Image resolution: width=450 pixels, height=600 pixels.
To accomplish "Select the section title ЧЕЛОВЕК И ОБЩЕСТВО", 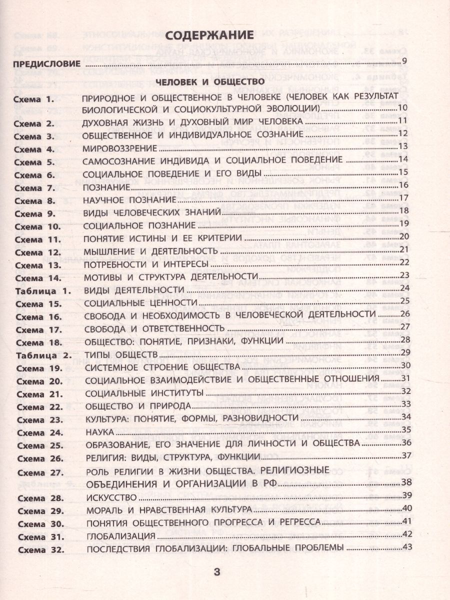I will [209, 81].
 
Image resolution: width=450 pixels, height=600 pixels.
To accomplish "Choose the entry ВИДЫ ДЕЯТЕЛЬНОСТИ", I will [131, 289].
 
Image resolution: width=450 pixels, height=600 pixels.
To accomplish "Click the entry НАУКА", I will [100, 431].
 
